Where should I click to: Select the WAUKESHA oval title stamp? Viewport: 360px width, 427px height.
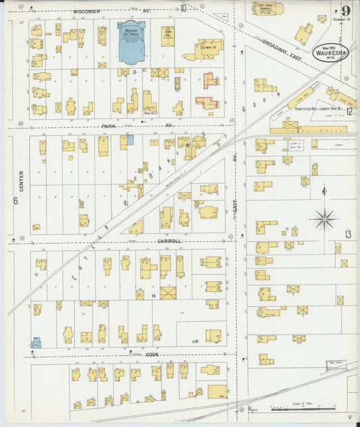coord(330,53)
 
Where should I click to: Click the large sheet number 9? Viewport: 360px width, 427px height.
coord(346,11)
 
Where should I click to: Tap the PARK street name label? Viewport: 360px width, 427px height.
coord(109,126)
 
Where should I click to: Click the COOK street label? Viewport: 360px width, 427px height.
coord(153,353)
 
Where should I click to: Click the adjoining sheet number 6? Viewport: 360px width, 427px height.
coord(14,200)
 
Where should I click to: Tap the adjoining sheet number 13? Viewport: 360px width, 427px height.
coord(348,234)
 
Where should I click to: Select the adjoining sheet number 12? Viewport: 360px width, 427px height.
coord(349,111)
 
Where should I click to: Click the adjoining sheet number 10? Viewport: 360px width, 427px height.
coord(183,8)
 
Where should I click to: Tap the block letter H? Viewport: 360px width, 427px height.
coord(153,296)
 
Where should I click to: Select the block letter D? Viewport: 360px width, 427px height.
coord(134,70)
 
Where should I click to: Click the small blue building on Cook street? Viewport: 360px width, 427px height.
coord(36,343)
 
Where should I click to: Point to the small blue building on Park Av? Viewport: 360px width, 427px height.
coord(130,139)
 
